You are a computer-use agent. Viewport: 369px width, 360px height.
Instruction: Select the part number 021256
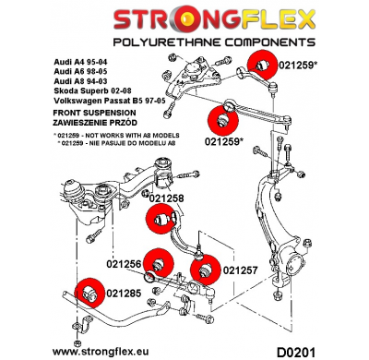[125, 264]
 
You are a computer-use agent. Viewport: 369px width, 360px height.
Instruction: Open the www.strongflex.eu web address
[117, 351]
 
